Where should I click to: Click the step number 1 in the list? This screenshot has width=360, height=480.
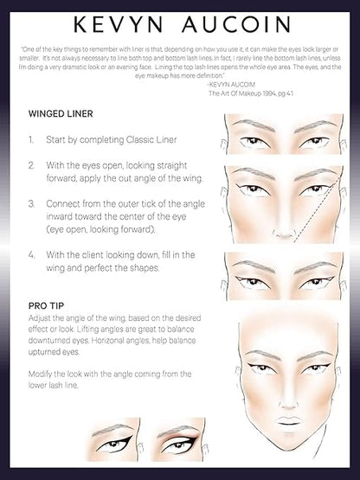pos(31,138)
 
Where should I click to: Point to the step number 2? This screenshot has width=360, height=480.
pos(31,164)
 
